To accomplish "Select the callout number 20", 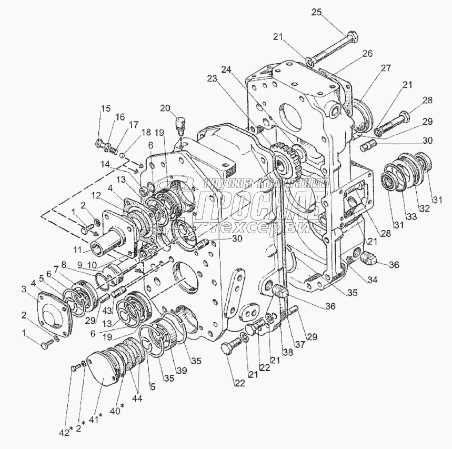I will pos(165,108).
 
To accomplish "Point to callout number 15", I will pos(106,109).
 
